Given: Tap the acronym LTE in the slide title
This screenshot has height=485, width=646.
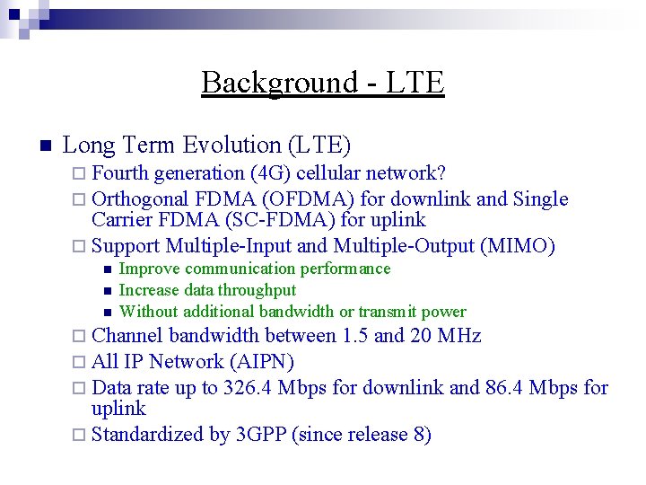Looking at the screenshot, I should [416, 83].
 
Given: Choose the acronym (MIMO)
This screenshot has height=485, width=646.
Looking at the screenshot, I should [519, 246].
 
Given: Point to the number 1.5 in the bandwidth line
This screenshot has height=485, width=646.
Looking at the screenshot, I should [354, 337].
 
